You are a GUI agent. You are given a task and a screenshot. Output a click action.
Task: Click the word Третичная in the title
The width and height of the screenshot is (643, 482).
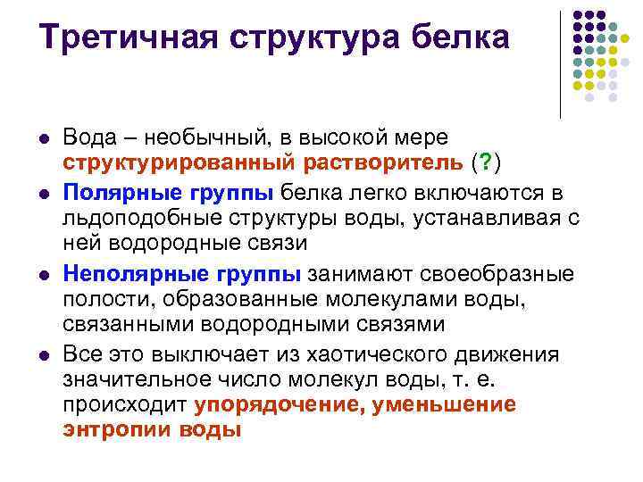129,37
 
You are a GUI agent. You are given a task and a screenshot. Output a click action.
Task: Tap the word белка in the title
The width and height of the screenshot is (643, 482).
460,37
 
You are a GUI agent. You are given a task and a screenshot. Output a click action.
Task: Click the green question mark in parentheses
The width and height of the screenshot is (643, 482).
486,162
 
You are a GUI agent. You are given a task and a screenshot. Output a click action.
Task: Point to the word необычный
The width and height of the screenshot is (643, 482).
207,137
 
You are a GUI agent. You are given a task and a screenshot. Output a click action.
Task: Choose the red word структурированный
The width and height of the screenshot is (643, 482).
179,163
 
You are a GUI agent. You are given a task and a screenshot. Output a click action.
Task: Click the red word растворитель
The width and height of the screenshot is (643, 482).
383,162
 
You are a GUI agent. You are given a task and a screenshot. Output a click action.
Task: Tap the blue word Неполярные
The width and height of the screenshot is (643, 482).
137,274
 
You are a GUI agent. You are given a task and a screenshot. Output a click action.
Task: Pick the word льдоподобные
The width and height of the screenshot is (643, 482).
142,219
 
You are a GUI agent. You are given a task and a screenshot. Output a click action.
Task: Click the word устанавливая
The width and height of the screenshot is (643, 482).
487,220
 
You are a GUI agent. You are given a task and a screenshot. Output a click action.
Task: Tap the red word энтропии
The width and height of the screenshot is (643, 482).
116,430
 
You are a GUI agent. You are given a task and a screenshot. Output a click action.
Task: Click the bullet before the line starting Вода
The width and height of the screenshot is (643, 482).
45,138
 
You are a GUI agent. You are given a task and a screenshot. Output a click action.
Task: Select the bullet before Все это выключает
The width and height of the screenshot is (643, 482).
45,356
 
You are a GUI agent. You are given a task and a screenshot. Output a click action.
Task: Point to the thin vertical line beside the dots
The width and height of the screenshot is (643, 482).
560,65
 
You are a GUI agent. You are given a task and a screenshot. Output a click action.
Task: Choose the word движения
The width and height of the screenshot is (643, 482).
506,355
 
